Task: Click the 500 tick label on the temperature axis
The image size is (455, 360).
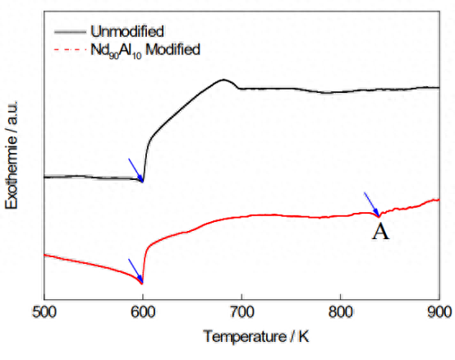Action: (44, 313)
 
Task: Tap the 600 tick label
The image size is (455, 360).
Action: (143, 313)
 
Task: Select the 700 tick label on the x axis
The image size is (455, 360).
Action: (241, 313)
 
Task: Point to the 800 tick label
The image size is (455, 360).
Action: (341, 313)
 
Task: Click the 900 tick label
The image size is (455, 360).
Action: (439, 313)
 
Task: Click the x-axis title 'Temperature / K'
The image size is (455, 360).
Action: (256, 337)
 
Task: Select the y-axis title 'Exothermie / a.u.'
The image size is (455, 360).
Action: (11, 155)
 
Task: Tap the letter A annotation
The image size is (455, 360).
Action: (380, 233)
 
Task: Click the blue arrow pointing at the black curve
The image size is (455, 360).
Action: (136, 170)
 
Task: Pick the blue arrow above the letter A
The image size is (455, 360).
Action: (372, 205)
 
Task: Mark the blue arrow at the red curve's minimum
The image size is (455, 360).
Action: (136, 270)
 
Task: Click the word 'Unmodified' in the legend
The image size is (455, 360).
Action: (127, 31)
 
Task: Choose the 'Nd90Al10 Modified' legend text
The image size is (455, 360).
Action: (145, 50)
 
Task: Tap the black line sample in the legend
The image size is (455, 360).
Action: (71, 32)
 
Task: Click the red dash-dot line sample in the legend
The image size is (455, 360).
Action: (71, 49)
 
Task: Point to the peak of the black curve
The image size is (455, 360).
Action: (223, 80)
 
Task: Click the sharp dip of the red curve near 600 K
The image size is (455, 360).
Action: (142, 284)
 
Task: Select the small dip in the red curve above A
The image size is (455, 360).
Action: (379, 217)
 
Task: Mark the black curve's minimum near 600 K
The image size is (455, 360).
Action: (142, 181)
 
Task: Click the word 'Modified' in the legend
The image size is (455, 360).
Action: (173, 49)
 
